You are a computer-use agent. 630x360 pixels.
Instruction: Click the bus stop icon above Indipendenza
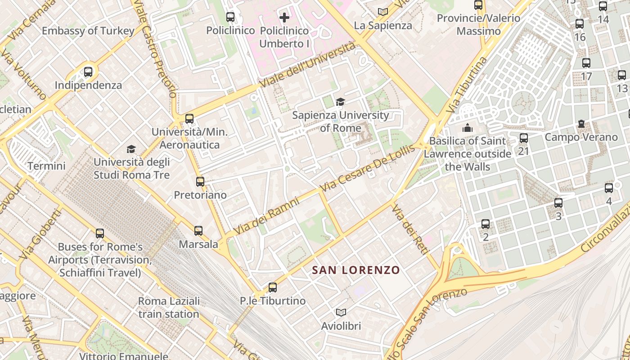click(x=88, y=72)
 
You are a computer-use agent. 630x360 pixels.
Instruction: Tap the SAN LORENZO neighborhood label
click(x=356, y=270)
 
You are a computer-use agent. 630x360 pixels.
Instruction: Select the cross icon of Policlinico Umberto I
click(x=284, y=18)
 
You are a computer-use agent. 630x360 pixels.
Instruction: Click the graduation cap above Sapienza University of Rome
click(x=340, y=102)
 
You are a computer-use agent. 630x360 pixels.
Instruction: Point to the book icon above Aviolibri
click(x=341, y=312)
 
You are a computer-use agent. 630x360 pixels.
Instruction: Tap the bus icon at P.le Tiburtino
click(x=272, y=287)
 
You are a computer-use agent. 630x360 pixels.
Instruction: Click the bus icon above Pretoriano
click(x=200, y=182)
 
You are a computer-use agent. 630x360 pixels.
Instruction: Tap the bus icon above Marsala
click(x=198, y=231)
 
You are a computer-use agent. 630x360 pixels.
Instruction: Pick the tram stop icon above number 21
click(x=523, y=138)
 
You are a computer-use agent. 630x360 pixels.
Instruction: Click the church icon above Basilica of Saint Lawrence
click(x=468, y=128)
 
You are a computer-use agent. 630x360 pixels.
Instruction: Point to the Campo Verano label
click(x=581, y=137)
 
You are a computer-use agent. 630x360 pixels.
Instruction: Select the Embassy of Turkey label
click(x=88, y=31)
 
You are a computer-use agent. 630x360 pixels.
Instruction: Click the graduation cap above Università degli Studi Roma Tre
click(x=131, y=149)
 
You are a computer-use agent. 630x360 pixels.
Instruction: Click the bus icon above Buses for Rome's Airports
click(x=100, y=234)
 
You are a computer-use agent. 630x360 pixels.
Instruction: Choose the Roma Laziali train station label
click(x=169, y=307)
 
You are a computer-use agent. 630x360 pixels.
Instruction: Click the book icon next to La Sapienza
click(x=383, y=12)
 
